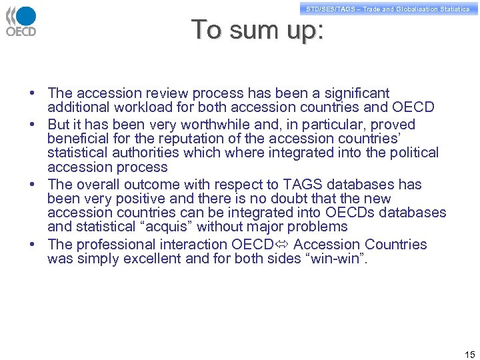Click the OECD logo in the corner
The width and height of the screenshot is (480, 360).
click(x=21, y=21)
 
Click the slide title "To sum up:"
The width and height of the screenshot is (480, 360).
click(x=257, y=31)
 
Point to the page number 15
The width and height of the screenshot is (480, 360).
click(x=469, y=354)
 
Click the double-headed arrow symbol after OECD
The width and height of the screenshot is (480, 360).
click(x=281, y=245)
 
